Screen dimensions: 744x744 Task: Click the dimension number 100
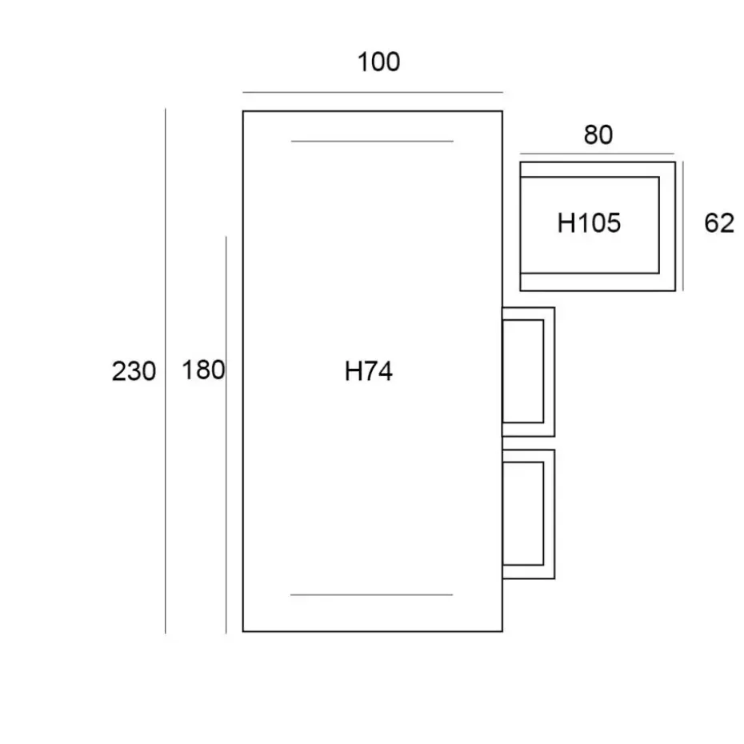click(x=378, y=62)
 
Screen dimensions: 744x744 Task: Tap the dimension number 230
click(x=134, y=371)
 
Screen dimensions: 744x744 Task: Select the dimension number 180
click(x=203, y=370)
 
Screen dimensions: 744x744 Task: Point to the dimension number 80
click(x=598, y=135)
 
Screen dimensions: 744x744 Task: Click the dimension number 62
click(x=718, y=223)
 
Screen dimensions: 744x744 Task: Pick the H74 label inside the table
click(x=369, y=371)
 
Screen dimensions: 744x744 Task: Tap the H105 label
click(x=589, y=223)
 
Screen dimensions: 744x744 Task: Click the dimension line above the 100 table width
click(x=373, y=93)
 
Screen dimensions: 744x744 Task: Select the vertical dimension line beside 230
click(x=166, y=371)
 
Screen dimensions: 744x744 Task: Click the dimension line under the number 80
click(x=598, y=154)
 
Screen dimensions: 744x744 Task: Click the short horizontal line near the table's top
click(x=372, y=142)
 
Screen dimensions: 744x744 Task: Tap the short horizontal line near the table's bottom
click(x=372, y=595)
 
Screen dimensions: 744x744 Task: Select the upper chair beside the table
click(x=527, y=372)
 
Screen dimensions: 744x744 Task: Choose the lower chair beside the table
click(x=527, y=514)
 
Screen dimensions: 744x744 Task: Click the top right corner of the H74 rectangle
click(x=502, y=111)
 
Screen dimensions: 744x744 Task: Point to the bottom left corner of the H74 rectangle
click(x=243, y=631)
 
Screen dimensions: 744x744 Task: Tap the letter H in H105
click(x=566, y=223)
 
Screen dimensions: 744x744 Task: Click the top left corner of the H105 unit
click(x=521, y=162)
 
